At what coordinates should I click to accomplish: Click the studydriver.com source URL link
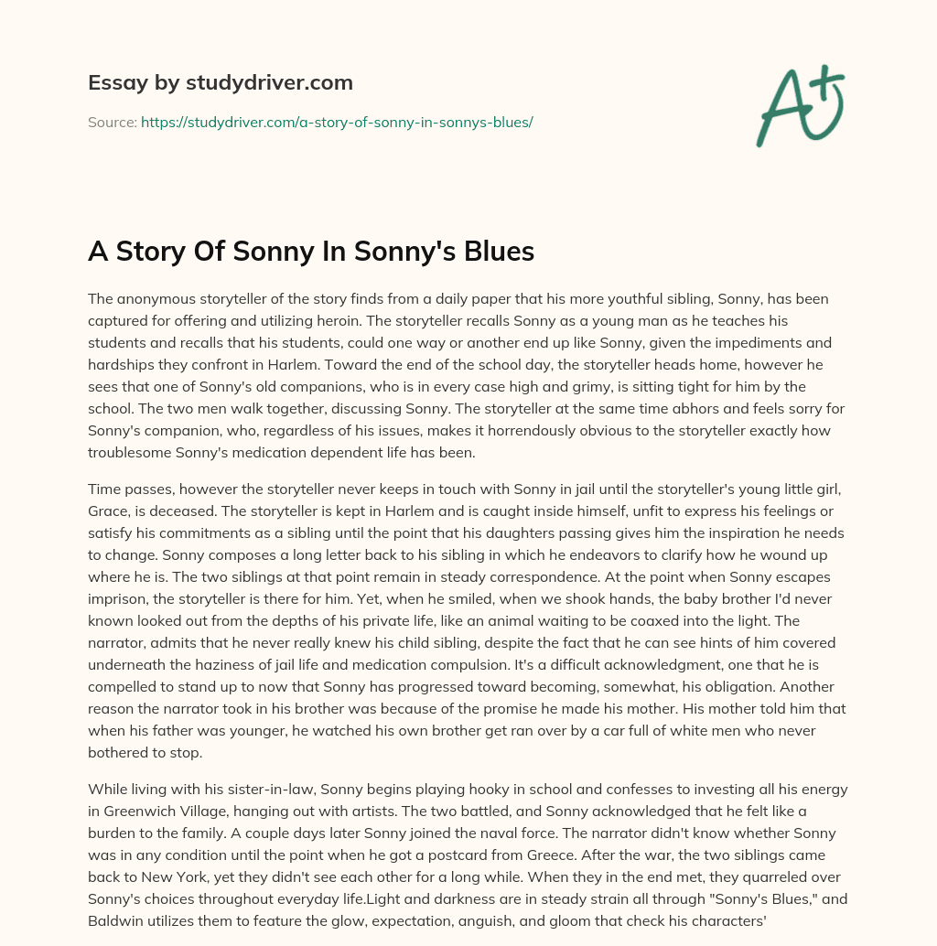(x=337, y=121)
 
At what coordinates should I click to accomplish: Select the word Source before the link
(x=111, y=121)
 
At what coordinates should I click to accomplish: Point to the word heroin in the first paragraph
(x=361, y=321)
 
